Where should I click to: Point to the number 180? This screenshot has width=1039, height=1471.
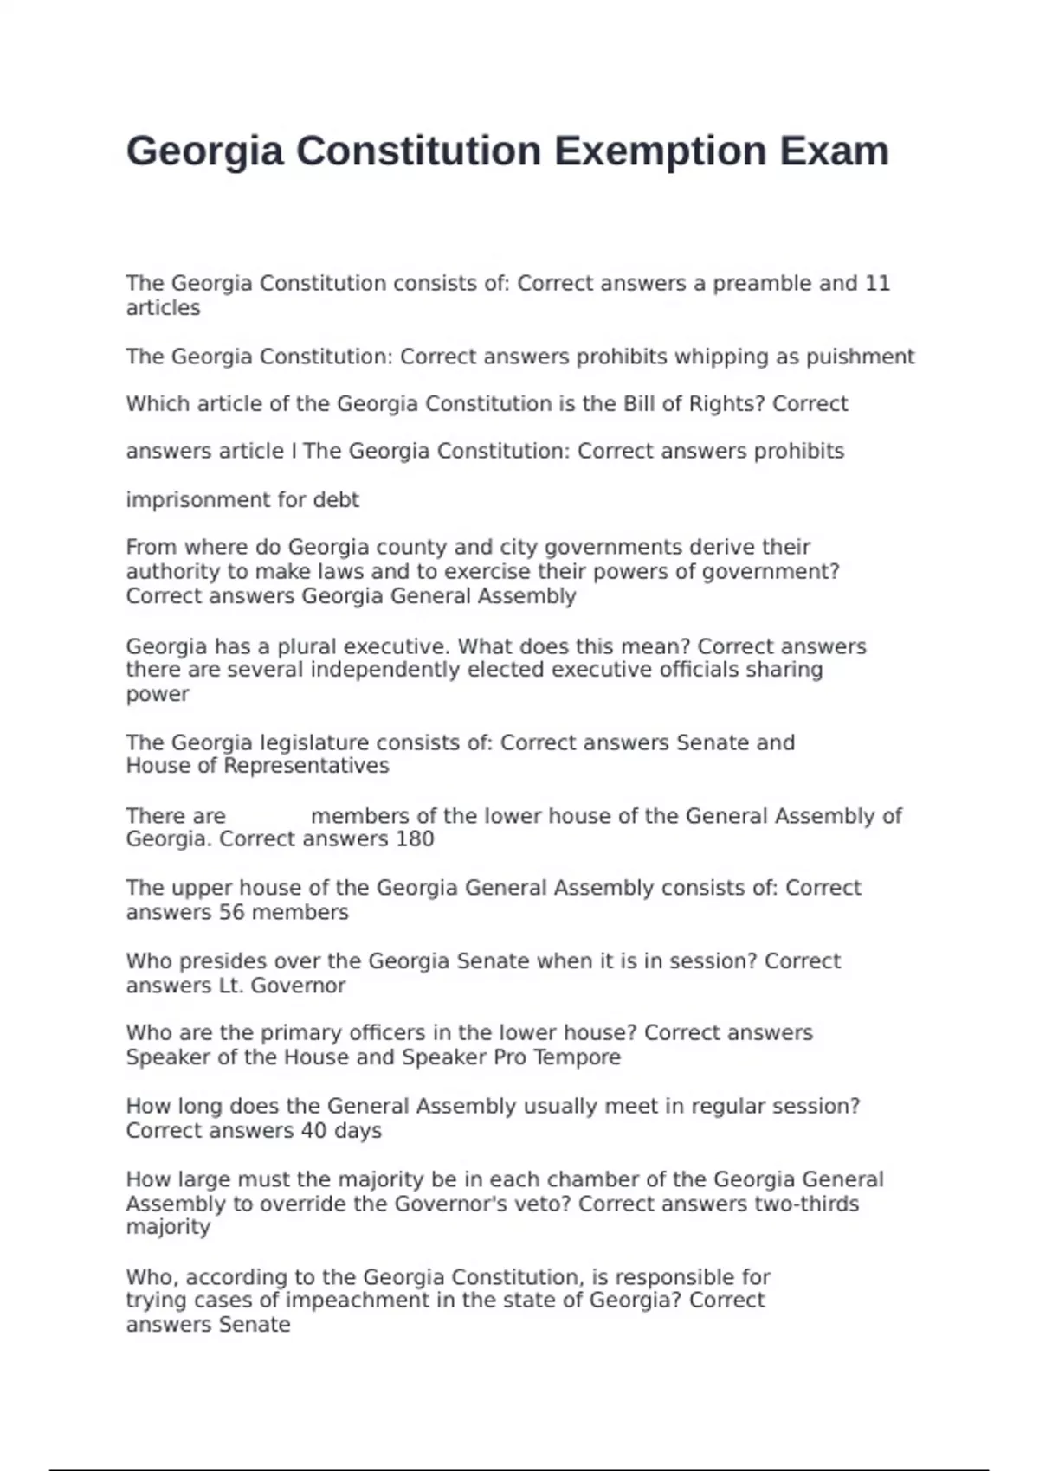click(x=415, y=839)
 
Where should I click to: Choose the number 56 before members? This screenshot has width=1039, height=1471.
click(x=232, y=912)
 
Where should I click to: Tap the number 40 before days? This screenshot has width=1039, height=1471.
click(x=313, y=1131)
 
